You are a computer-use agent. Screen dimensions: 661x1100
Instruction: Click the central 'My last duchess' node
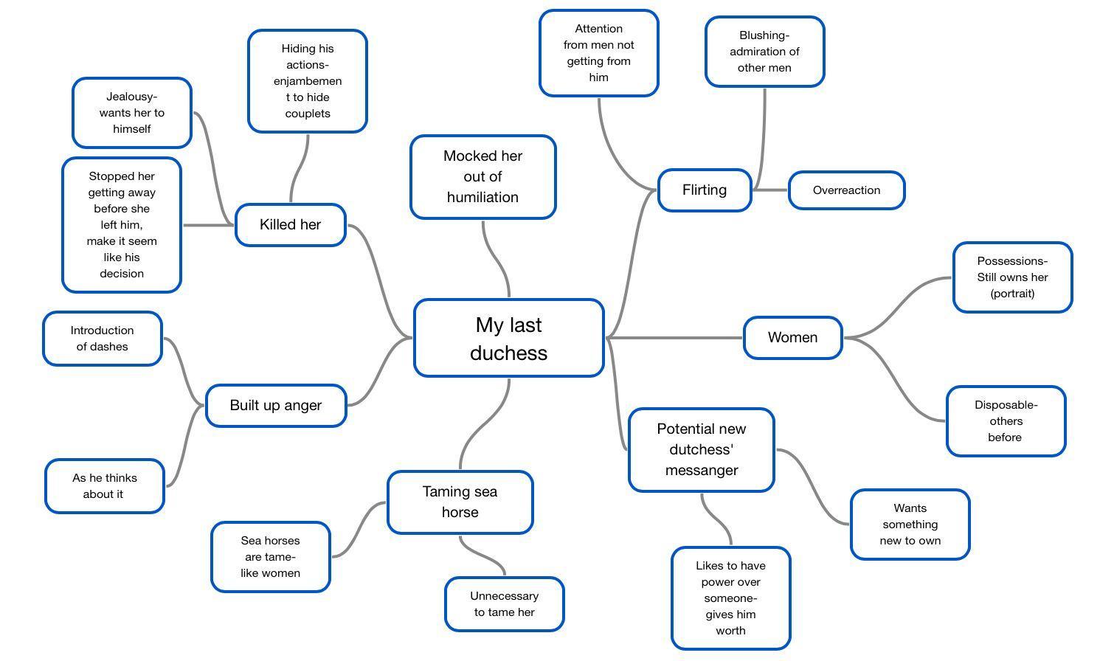pyautogui.click(x=508, y=339)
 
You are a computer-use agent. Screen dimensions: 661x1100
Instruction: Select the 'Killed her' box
pyautogui.click(x=290, y=225)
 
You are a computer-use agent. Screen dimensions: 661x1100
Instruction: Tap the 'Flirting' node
pyautogui.click(x=704, y=190)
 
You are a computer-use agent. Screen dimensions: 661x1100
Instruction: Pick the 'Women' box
pyautogui.click(x=792, y=338)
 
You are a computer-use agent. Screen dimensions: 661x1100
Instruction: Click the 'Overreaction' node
pyautogui.click(x=846, y=190)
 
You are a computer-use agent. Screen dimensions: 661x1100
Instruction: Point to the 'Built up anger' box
pyautogui.click(x=275, y=406)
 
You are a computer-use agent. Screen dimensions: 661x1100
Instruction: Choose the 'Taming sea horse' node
pyautogui.click(x=460, y=502)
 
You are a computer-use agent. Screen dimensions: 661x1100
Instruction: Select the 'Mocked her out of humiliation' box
pyautogui.click(x=482, y=177)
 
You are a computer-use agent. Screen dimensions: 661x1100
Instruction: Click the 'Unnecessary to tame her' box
pyautogui.click(x=504, y=604)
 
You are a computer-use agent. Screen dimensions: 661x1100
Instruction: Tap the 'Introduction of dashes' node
pyautogui.click(x=102, y=339)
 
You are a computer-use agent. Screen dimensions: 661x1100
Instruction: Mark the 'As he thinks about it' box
pyautogui.click(x=104, y=486)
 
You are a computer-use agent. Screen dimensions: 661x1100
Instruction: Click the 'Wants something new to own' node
pyautogui.click(x=910, y=525)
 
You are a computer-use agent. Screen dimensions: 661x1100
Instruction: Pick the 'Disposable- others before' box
pyautogui.click(x=1006, y=421)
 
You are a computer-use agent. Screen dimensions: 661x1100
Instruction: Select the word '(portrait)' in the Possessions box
pyautogui.click(x=1012, y=294)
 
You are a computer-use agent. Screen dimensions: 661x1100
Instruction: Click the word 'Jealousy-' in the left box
pyautogui.click(x=132, y=97)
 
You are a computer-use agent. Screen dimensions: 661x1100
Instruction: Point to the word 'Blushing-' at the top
pyautogui.click(x=764, y=35)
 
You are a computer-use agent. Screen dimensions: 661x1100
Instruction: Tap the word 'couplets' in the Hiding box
pyautogui.click(x=308, y=114)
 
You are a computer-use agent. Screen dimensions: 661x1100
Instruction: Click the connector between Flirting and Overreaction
pyautogui.click(x=769, y=190)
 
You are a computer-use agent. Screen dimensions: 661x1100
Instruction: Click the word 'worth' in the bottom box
pyautogui.click(x=730, y=631)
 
